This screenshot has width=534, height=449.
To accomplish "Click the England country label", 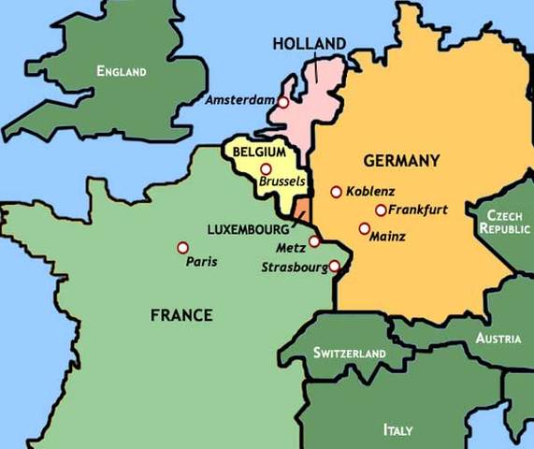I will (x=122, y=71).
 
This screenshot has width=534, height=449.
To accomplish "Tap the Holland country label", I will (x=309, y=43).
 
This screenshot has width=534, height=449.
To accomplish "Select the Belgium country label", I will (x=259, y=152).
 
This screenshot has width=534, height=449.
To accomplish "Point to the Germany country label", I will (x=401, y=161).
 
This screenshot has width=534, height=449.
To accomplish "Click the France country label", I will (x=181, y=315).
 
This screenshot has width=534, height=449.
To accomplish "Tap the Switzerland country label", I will (x=350, y=354).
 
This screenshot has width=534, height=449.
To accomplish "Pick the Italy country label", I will (x=397, y=430).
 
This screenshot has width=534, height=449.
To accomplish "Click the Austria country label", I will (x=498, y=339).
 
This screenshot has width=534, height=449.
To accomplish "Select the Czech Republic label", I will (x=505, y=221).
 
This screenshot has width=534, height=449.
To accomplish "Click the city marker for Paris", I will (x=182, y=248).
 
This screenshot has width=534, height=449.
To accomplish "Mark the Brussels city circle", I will (x=267, y=169).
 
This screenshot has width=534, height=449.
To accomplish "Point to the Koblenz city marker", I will (x=337, y=192).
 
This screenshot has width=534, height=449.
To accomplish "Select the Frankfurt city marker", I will (x=381, y=210).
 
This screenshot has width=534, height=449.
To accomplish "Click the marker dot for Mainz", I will (x=364, y=228).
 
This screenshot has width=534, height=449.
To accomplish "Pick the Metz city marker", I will (x=314, y=241).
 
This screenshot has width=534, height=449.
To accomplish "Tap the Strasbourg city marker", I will (x=334, y=266).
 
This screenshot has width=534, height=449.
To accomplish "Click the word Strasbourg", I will (x=294, y=268).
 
